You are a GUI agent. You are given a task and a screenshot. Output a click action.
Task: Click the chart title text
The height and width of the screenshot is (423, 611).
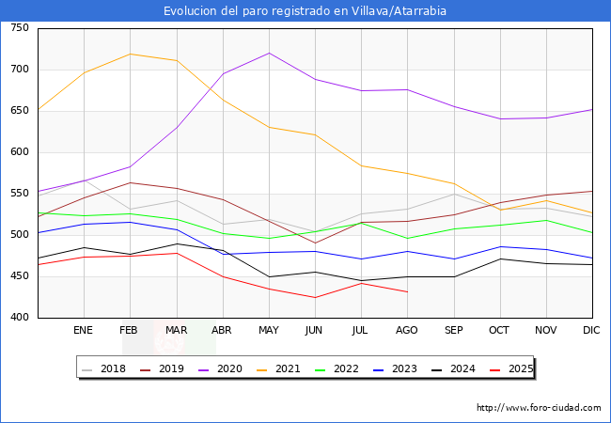click(x=305, y=11)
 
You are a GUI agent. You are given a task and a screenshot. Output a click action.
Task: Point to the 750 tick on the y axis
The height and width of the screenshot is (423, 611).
click(x=19, y=28)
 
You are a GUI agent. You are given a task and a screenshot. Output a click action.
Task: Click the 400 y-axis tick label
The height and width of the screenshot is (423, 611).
click(x=19, y=318)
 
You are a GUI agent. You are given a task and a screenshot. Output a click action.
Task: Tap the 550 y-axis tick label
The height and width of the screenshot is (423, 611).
click(x=19, y=194)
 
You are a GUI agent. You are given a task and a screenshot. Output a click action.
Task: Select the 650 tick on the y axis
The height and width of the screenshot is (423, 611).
click(x=19, y=111)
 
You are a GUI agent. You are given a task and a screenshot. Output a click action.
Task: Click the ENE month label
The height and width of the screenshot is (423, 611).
click(x=83, y=331)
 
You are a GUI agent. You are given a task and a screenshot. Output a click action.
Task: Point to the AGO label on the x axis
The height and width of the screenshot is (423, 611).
click(x=407, y=331)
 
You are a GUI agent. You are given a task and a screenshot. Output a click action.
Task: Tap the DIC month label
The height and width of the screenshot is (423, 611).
click(x=591, y=331)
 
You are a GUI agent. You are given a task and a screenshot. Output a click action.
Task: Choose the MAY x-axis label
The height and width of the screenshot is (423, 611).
click(x=269, y=331)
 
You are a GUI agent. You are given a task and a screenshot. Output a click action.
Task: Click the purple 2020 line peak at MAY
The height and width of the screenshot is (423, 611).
click(x=269, y=53)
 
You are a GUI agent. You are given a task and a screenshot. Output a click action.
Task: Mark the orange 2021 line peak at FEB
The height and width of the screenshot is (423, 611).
click(x=130, y=54)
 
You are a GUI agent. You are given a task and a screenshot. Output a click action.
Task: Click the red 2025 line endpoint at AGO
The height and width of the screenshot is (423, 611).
click(x=407, y=291)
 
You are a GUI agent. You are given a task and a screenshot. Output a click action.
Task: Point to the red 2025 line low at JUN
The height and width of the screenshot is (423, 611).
click(x=315, y=298)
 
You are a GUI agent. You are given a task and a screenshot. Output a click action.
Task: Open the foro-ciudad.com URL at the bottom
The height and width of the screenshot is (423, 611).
click(x=539, y=408)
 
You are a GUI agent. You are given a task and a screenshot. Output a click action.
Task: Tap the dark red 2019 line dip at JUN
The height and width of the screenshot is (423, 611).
click(x=315, y=243)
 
